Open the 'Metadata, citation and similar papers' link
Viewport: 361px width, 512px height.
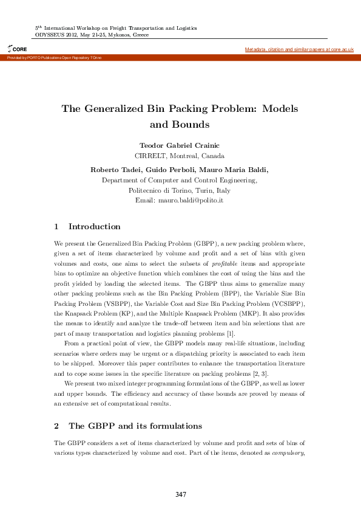[x=299, y=49]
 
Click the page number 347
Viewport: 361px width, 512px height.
[x=180, y=494]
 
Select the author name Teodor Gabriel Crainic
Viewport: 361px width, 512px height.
[x=179, y=146]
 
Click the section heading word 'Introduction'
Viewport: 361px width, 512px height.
[x=94, y=226]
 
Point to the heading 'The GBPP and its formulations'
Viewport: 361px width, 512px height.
[x=135, y=426]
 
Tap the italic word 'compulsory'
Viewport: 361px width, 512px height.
[x=288, y=452]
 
